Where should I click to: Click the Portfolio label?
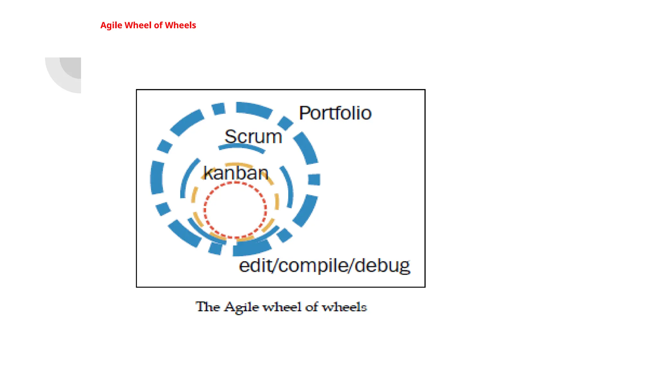(335, 113)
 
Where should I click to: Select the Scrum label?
(253, 137)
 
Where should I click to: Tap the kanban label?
(236, 173)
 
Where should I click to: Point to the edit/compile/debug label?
(325, 266)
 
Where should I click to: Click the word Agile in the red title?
(111, 25)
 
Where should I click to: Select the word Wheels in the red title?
(180, 25)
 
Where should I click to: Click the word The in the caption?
(208, 307)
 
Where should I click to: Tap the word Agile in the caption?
(241, 307)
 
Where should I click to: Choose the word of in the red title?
(158, 25)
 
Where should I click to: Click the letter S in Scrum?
(230, 137)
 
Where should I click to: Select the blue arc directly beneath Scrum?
(242, 147)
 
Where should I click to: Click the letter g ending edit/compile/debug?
(404, 267)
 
